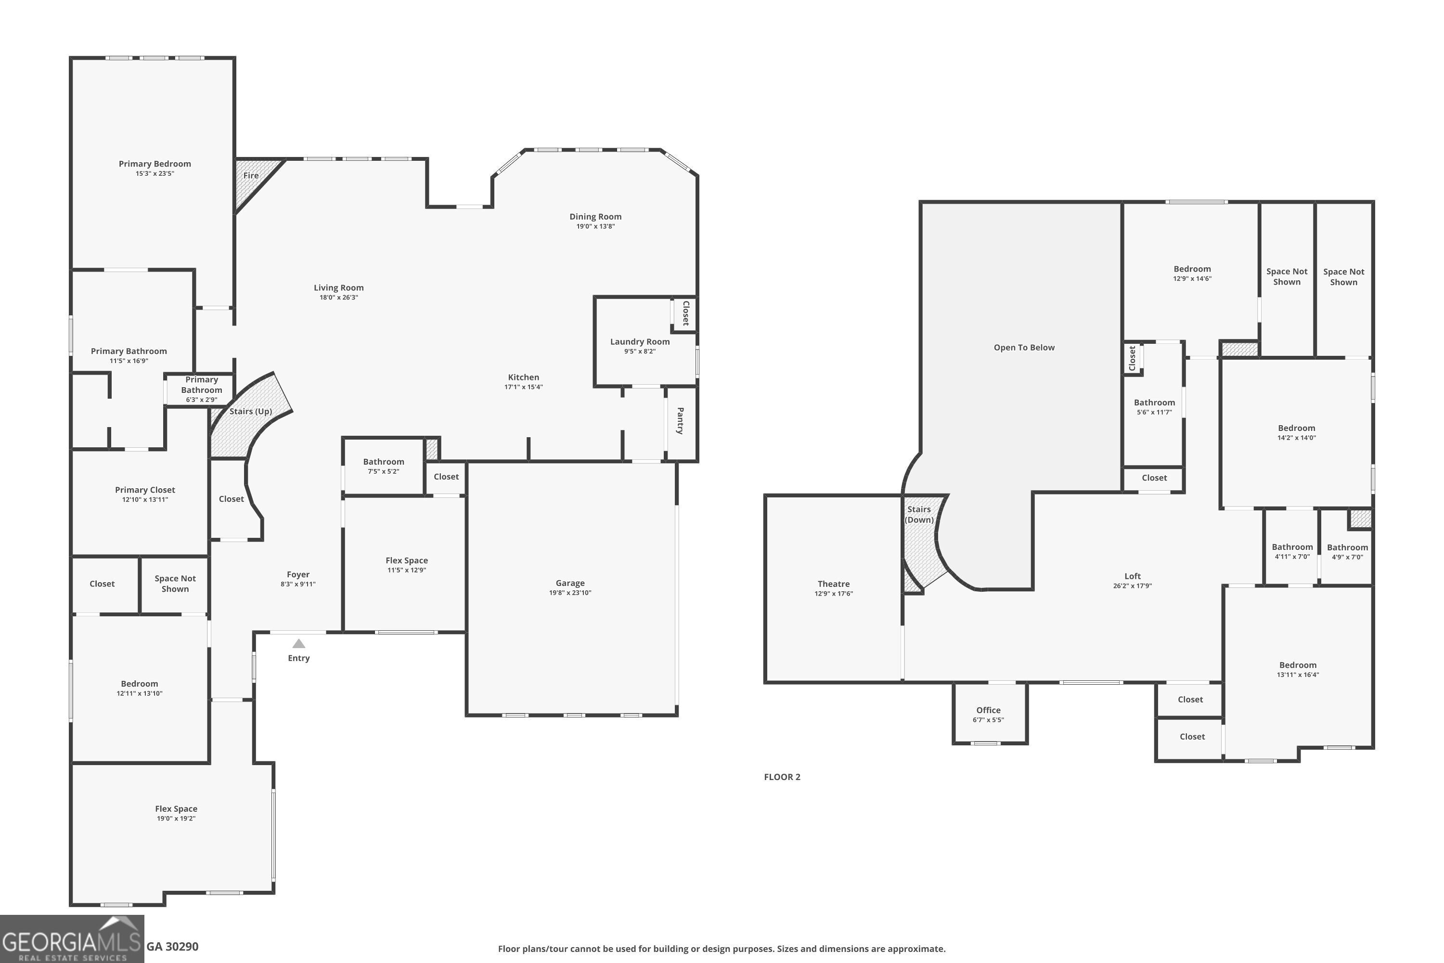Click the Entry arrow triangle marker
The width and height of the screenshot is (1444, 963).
pyautogui.click(x=298, y=644)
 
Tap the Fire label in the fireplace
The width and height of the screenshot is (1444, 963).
pyautogui.click(x=250, y=176)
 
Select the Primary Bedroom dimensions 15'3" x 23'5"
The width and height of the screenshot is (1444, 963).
pyautogui.click(x=155, y=174)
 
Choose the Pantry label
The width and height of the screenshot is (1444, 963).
pyautogui.click(x=680, y=421)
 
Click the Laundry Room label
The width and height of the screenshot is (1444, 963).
pyautogui.click(x=640, y=341)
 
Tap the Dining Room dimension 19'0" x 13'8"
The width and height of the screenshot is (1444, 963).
pyautogui.click(x=595, y=227)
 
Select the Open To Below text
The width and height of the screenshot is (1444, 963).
pyautogui.click(x=1023, y=348)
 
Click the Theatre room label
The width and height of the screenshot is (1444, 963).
pyautogui.click(x=833, y=584)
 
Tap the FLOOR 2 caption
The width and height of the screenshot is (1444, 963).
pyautogui.click(x=782, y=777)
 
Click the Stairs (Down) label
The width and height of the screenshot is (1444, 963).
pyautogui.click(x=918, y=515)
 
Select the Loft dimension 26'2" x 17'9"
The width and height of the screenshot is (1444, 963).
pyautogui.click(x=1132, y=586)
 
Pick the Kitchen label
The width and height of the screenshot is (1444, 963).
pyautogui.click(x=523, y=377)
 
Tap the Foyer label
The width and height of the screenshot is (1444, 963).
pyautogui.click(x=298, y=574)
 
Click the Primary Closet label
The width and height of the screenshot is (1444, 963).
pyautogui.click(x=145, y=490)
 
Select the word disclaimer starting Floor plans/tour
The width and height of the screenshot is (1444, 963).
pyautogui.click(x=722, y=949)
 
